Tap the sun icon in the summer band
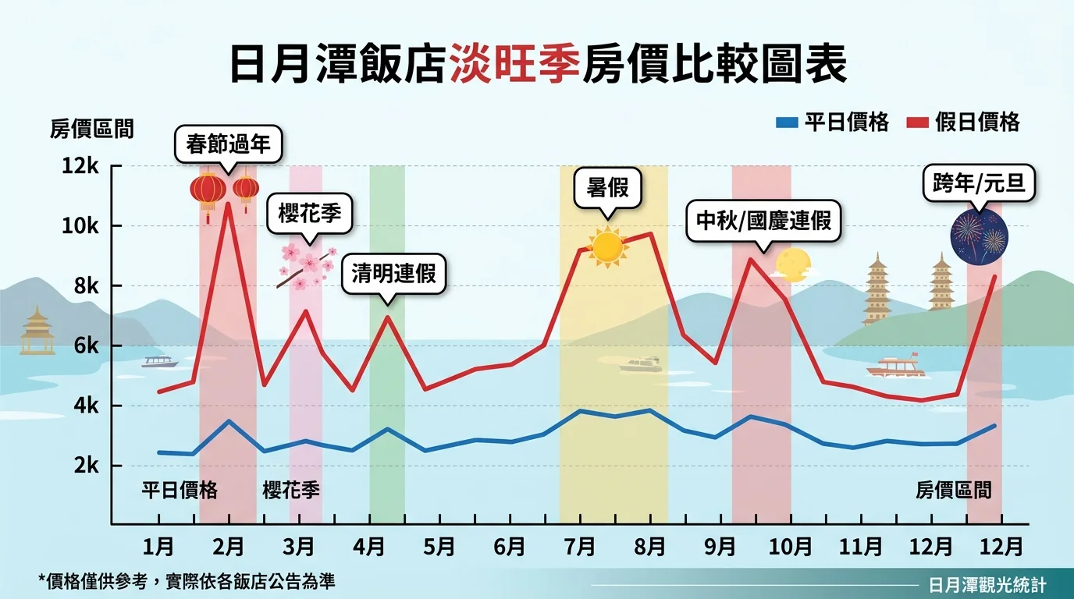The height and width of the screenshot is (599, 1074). point(607,247)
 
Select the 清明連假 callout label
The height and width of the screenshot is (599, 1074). point(393,275)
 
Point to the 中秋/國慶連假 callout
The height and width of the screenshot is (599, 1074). point(763,220)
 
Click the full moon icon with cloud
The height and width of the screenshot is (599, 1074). point(791,264)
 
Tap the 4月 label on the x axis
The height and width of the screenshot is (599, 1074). point(368,546)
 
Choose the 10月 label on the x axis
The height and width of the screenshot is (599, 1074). point(790,546)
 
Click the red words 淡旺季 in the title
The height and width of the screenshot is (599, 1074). point(515,66)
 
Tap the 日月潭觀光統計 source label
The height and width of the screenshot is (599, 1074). point(987,584)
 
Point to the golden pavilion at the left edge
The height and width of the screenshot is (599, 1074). point(37,332)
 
